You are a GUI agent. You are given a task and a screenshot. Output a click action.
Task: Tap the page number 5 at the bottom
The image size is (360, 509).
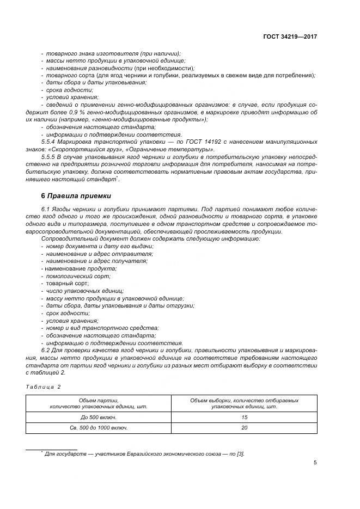point(315,463)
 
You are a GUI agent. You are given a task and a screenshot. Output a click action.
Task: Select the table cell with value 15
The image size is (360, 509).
point(245,417)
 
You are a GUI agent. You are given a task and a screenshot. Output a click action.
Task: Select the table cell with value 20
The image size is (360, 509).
point(245,428)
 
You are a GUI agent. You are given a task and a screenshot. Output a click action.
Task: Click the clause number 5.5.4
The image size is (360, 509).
point(50,142)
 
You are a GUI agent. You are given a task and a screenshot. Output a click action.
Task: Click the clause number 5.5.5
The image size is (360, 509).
point(50,156)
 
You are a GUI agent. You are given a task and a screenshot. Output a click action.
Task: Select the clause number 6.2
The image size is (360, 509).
point(47,351)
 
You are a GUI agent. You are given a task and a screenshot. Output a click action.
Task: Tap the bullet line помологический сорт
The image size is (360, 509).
point(70,276)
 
